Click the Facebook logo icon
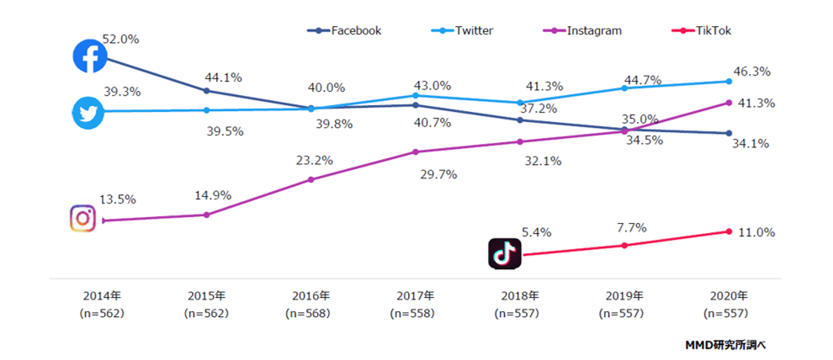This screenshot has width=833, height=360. pos(89,56)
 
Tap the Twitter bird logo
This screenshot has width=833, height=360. pos(88,112)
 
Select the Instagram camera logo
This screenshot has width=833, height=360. pos(83,218)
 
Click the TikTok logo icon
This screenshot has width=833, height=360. pos(505,253)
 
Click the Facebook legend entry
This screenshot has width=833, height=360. pos(345,30)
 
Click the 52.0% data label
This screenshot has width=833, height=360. pos(120,39)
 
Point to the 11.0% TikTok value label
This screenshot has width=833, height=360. pos(755,232)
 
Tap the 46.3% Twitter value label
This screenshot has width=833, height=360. pos(755,72)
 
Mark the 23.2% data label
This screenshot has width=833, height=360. pos(313,160)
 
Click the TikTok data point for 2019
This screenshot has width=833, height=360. pos(624,246)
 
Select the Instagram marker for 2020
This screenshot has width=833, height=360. pos(729,103)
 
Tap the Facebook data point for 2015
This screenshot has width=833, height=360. pos(207,91)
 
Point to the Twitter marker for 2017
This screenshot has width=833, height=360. pos(416,95)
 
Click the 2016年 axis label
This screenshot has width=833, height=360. pos(310,296)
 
